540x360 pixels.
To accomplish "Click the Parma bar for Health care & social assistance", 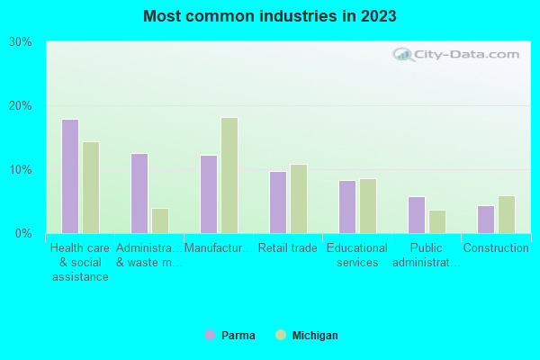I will (70, 176).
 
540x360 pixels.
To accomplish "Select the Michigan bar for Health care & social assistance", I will (91, 187).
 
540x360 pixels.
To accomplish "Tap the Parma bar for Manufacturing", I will (209, 194).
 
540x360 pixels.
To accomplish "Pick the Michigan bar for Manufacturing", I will (229, 175).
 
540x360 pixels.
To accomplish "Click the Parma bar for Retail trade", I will (278, 202).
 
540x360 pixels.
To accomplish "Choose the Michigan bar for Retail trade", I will (299, 199).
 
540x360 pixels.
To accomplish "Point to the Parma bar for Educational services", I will (347, 207).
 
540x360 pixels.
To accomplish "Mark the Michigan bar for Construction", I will (507, 215).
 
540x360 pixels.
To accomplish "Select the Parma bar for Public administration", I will (417, 215).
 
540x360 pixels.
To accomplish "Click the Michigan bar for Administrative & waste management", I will (160, 220).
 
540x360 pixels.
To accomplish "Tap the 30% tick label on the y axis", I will (21, 41).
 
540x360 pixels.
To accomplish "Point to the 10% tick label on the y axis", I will (21, 170).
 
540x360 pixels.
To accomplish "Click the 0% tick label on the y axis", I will (23, 234).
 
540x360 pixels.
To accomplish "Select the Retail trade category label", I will (287, 248).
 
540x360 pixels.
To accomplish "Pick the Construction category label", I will (495, 248).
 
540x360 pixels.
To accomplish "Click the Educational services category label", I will (356, 256).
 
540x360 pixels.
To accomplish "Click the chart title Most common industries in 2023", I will (270, 16).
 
